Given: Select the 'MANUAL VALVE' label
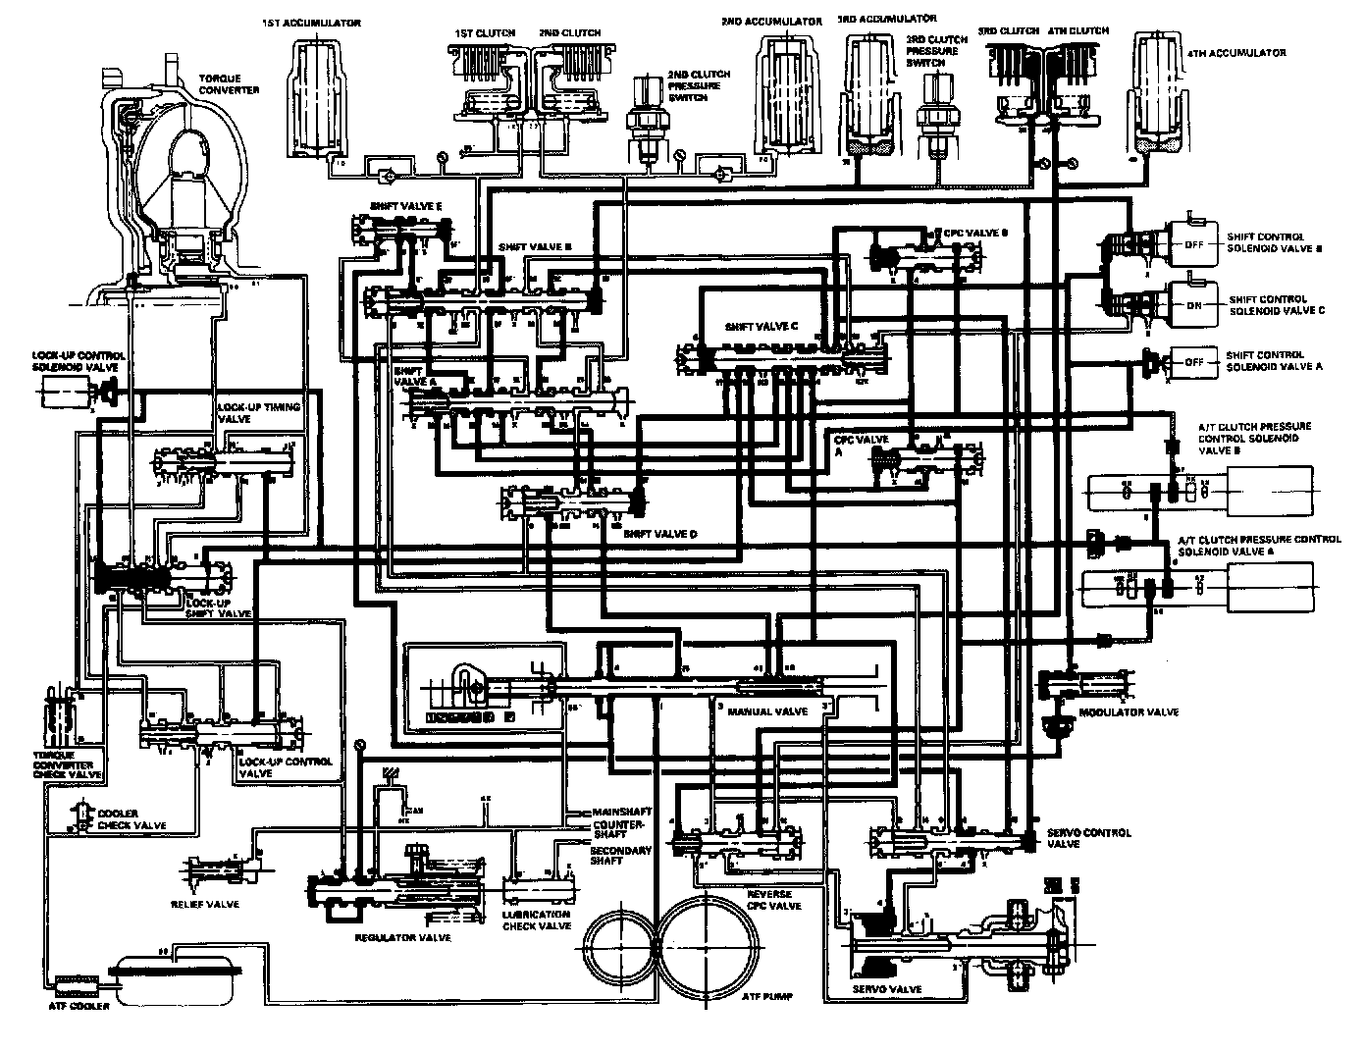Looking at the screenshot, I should [774, 710].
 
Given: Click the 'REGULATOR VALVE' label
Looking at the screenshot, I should [402, 938].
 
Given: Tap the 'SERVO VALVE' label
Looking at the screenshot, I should [887, 989].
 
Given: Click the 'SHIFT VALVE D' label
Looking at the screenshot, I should [660, 534].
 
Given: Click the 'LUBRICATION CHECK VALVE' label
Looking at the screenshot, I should [536, 920].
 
